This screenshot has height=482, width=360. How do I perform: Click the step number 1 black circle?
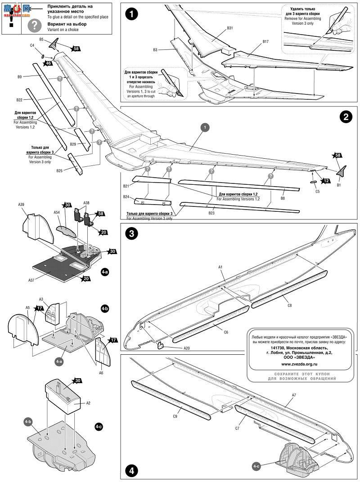[x=131, y=14]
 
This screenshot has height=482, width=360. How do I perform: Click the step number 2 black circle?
[x=345, y=117]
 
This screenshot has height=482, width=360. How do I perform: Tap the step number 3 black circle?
[x=131, y=234]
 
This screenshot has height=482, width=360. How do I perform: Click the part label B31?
[x=229, y=28]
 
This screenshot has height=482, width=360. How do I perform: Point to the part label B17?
[x=265, y=42]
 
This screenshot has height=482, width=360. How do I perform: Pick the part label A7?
[x=294, y=395]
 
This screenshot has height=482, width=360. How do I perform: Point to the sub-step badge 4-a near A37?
[x=104, y=272]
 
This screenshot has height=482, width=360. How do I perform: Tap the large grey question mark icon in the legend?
[x=34, y=25]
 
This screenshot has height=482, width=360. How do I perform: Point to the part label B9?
[x=19, y=77]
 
